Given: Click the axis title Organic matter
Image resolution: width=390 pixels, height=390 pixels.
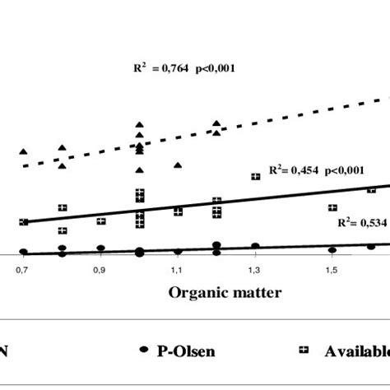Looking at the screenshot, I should coord(225,292).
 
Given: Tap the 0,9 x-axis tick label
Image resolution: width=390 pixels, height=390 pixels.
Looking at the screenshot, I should coord(100,269).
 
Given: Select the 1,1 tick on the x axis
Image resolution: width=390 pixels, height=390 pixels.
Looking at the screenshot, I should coord(177,269).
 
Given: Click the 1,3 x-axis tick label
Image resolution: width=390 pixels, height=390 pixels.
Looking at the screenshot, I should coord(254,269).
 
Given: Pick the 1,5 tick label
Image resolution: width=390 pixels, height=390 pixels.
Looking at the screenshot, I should coord(331,269).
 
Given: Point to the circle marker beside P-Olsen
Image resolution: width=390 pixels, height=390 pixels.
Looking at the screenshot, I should coord(143,350).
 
